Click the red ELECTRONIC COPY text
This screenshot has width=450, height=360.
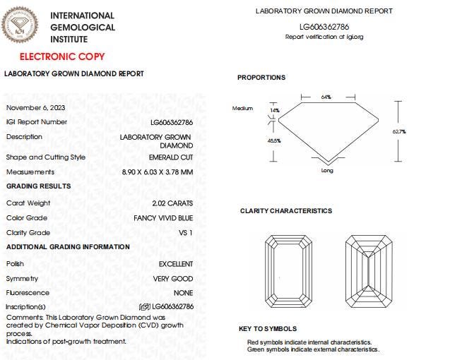(61, 56)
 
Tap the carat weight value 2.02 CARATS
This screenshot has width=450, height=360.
(170, 203)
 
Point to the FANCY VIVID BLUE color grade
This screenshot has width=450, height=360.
(163, 218)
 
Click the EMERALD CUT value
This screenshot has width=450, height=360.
(170, 157)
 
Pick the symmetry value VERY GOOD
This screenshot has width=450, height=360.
(173, 279)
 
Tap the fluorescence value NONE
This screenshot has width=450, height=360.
(183, 293)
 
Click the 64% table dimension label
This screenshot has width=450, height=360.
(326, 97)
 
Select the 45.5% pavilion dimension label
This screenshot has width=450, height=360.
(274, 140)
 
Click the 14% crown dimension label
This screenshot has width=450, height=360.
(275, 110)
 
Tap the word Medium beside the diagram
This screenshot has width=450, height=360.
(242, 108)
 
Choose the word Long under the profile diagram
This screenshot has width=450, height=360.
(327, 171)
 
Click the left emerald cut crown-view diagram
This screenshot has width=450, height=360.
(290, 270)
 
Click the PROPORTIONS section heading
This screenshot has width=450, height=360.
(261, 78)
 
